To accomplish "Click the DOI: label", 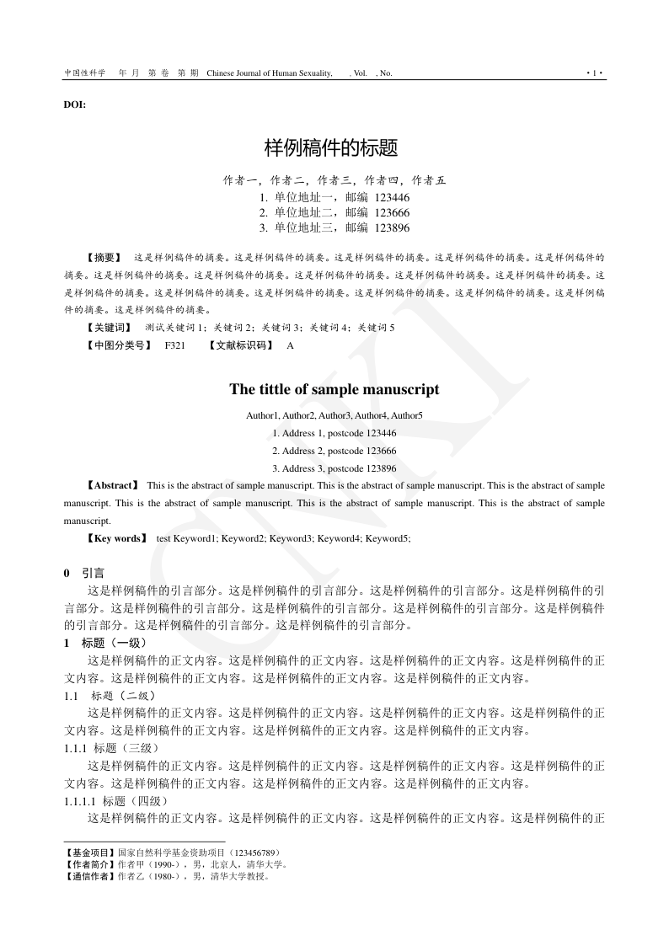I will click(x=75, y=104).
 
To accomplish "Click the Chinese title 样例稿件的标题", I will click(x=330, y=149).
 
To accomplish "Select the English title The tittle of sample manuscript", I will click(x=334, y=389).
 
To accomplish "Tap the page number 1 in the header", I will click(x=595, y=73).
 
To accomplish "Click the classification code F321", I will click(x=175, y=345).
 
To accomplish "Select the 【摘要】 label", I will click(x=104, y=256).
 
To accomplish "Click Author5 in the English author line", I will click(x=406, y=415).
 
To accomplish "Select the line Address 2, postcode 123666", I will click(x=334, y=451).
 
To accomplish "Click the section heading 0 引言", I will click(x=84, y=573).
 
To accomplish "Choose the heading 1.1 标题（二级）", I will click(x=110, y=696).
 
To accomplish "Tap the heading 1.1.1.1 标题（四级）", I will click(x=116, y=800).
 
